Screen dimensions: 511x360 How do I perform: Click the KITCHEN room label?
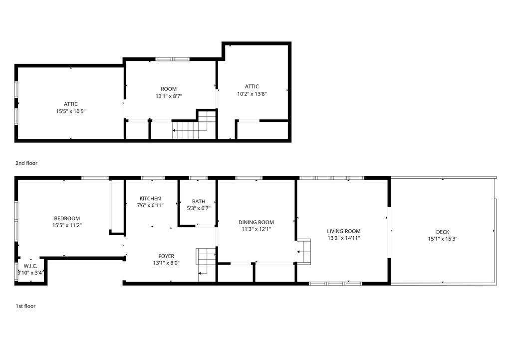pos(150,198)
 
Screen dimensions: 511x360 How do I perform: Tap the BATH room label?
pos(199,202)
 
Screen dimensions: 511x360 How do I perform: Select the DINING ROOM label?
pos(256,222)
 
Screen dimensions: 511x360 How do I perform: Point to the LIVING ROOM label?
pos(343,231)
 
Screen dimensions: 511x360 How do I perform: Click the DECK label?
pos(443,232)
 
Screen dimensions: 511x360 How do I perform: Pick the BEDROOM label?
pos(67,218)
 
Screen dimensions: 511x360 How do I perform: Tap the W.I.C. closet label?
pos(30,266)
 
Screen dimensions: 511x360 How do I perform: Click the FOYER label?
pos(166,256)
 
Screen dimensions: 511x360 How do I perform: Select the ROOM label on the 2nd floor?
pos(169,89)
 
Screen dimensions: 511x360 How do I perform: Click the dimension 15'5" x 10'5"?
pos(71,111)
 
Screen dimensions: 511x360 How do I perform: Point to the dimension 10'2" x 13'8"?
pos(252,94)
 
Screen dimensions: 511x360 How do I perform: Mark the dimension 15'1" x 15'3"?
pos(443,239)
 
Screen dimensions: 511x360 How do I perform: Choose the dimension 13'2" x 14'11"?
pos(343,238)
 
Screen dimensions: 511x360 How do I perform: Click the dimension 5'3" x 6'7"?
pos(199,208)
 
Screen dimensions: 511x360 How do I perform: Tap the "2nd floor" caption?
pos(26,163)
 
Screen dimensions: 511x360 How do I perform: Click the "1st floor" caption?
pos(26,306)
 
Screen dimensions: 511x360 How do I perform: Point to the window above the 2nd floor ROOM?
pos(172,59)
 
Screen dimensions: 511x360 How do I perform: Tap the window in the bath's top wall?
pos(199,178)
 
